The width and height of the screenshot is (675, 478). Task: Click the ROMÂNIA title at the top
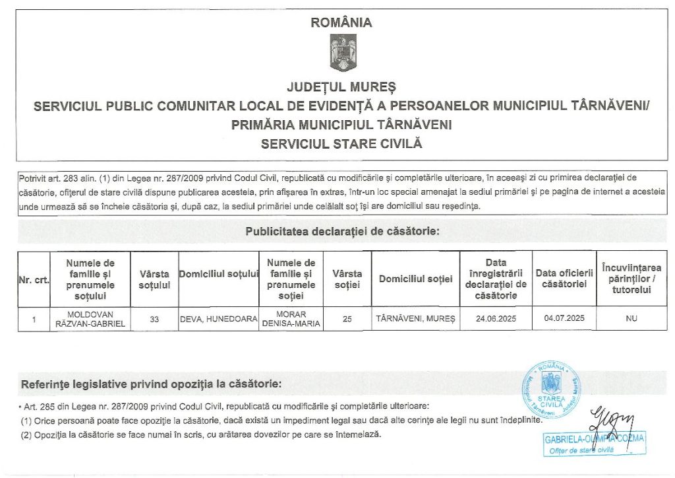pyautogui.click(x=341, y=22)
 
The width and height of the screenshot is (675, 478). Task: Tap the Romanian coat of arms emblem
pyautogui.click(x=342, y=54)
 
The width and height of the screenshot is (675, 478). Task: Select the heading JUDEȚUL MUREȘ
pyautogui.click(x=341, y=87)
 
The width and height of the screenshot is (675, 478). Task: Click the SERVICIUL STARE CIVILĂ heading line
pyautogui.click(x=341, y=143)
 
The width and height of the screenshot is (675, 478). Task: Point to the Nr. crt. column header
pyautogui.click(x=34, y=279)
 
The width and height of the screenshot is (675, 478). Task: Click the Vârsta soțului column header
pyautogui.click(x=154, y=279)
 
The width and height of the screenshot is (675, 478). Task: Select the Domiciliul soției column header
pyautogui.click(x=416, y=279)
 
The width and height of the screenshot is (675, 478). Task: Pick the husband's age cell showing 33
pyautogui.click(x=154, y=319)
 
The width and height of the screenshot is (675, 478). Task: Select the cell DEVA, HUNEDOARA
pyautogui.click(x=218, y=319)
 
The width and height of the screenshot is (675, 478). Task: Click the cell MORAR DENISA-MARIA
pyautogui.click(x=291, y=319)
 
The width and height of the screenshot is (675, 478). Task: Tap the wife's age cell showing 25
pyautogui.click(x=347, y=319)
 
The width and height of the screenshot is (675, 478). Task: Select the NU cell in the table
pyautogui.click(x=631, y=319)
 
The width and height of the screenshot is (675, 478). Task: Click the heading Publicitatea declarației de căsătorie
pyautogui.click(x=342, y=232)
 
